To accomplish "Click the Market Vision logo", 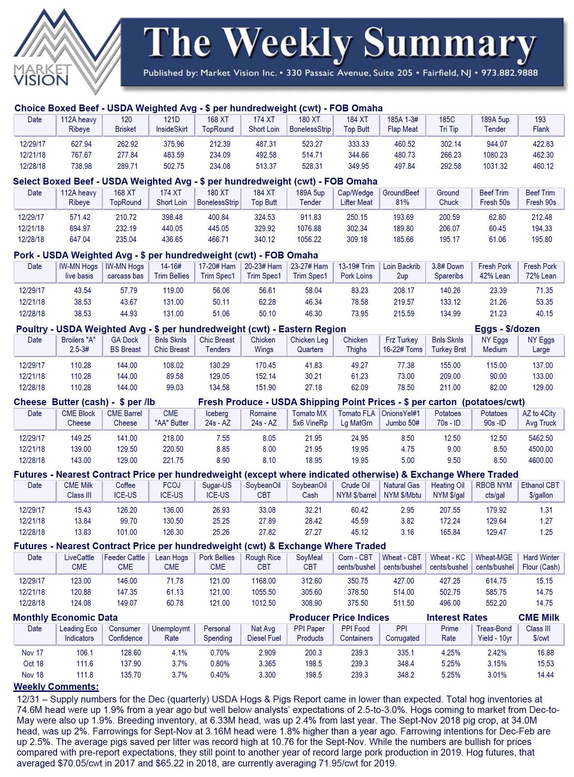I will pos(52,52).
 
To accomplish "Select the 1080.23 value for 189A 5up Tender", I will pos(495,155).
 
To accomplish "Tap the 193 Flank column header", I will pos(540,124).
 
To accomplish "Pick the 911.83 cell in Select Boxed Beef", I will pos(310,217).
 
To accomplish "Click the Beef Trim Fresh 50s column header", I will pos(494,197).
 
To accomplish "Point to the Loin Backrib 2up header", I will pos(402,271).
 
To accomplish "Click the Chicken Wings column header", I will pos(264,345).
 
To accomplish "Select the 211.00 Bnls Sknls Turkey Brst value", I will pos(450,387).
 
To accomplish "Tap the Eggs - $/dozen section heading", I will pos(507,329).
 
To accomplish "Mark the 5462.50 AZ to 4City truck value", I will pos(540,438).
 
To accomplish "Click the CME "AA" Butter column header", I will pos(171,418).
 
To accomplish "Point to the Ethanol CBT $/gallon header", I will pos(540,490).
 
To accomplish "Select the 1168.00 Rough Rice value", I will pos(264,581).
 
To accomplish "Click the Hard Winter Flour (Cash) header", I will pos(541,562).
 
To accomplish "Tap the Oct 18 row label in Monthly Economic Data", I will pos(33,664).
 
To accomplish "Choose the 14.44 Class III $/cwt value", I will pos(545,675).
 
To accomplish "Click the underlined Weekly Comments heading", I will pos(56,687).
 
